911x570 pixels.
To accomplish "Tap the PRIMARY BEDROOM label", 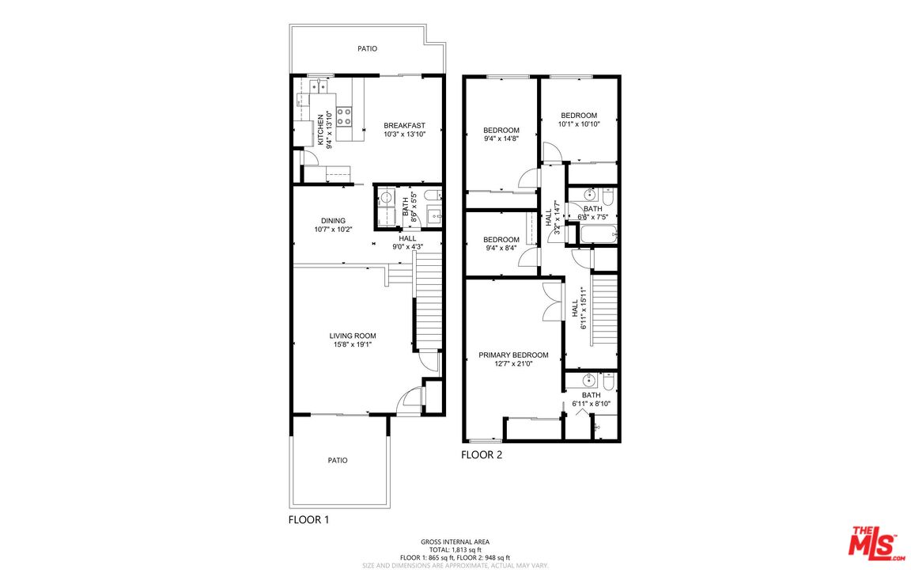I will (513, 355).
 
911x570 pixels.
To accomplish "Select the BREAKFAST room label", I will (404, 125).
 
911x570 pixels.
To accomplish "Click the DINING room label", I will (333, 221).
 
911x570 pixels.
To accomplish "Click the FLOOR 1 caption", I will (308, 520).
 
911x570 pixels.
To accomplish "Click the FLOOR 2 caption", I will (482, 454).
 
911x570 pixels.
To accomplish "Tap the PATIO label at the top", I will (367, 48).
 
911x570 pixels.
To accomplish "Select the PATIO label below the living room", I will (338, 460).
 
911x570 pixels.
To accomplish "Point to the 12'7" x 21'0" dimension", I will (513, 364).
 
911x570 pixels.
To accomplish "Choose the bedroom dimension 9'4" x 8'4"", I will (501, 249).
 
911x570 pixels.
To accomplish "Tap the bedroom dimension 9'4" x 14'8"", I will (501, 139).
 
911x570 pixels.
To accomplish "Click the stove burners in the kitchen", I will (344, 117).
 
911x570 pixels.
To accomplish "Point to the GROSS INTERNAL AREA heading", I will (455, 541).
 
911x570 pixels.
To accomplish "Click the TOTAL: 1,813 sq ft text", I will (455, 549).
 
